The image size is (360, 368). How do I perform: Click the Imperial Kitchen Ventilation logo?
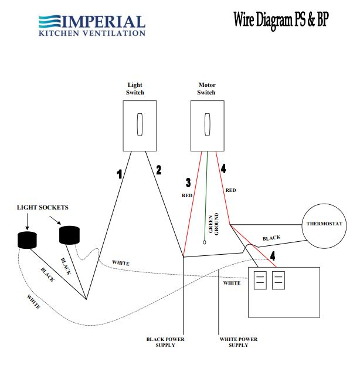(91, 25)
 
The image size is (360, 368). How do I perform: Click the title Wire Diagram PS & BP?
(281, 20)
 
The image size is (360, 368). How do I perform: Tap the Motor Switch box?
(208, 125)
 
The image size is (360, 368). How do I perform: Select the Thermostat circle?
(323, 227)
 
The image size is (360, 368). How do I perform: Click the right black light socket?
(70, 234)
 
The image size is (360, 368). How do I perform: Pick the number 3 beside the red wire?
(188, 183)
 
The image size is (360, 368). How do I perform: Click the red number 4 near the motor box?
(273, 256)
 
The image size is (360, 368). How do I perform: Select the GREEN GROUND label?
(213, 224)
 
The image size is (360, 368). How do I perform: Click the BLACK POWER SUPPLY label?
(165, 342)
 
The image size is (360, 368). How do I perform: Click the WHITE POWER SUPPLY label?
(238, 342)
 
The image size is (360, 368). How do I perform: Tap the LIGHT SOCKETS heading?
(43, 208)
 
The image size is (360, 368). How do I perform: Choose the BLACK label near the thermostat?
(271, 238)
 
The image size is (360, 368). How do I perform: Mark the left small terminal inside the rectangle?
(260, 281)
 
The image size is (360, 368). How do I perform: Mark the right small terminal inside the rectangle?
(279, 281)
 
